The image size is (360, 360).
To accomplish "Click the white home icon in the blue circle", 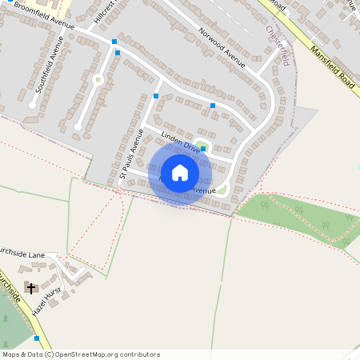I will coord(179,173).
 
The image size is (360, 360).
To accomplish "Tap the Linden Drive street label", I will coord(180,142).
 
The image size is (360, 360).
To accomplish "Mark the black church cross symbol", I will coord(31,288).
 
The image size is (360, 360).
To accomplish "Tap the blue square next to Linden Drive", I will coord(203,148).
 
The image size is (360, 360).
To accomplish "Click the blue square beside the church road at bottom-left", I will coord(37,338).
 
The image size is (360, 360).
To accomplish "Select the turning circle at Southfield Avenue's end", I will coord(33,104).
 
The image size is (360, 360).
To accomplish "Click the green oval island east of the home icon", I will coord(222,189).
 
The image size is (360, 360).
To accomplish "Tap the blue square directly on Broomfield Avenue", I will coord(114,41).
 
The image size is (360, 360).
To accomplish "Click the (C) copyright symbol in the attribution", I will coord(50,354).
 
